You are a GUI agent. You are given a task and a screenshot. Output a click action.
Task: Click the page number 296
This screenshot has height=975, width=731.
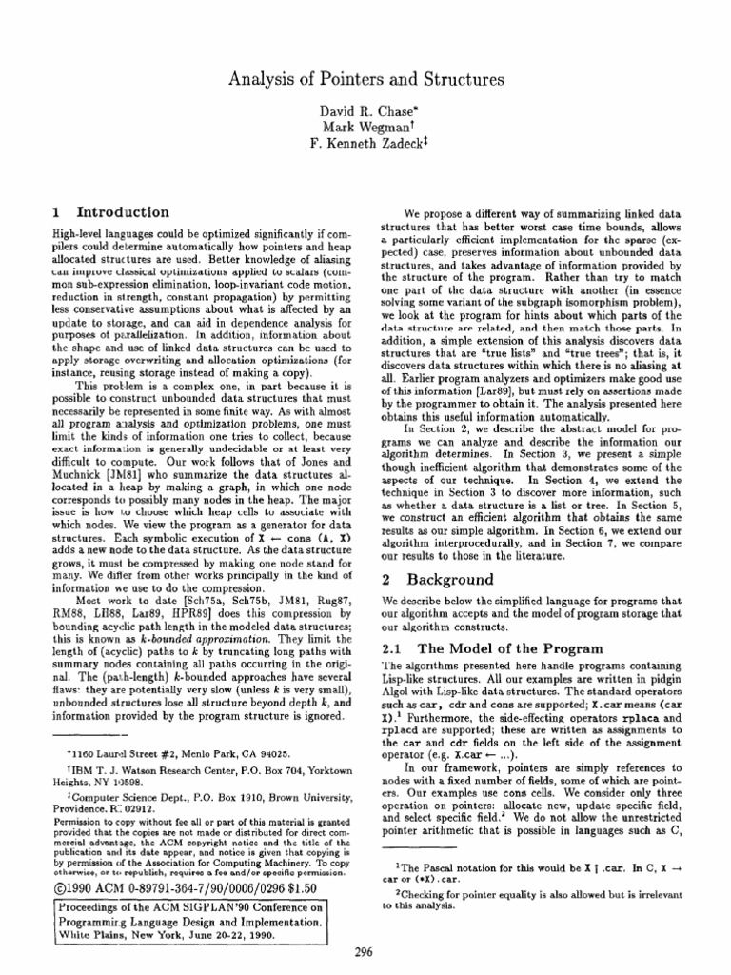point(365,956)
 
